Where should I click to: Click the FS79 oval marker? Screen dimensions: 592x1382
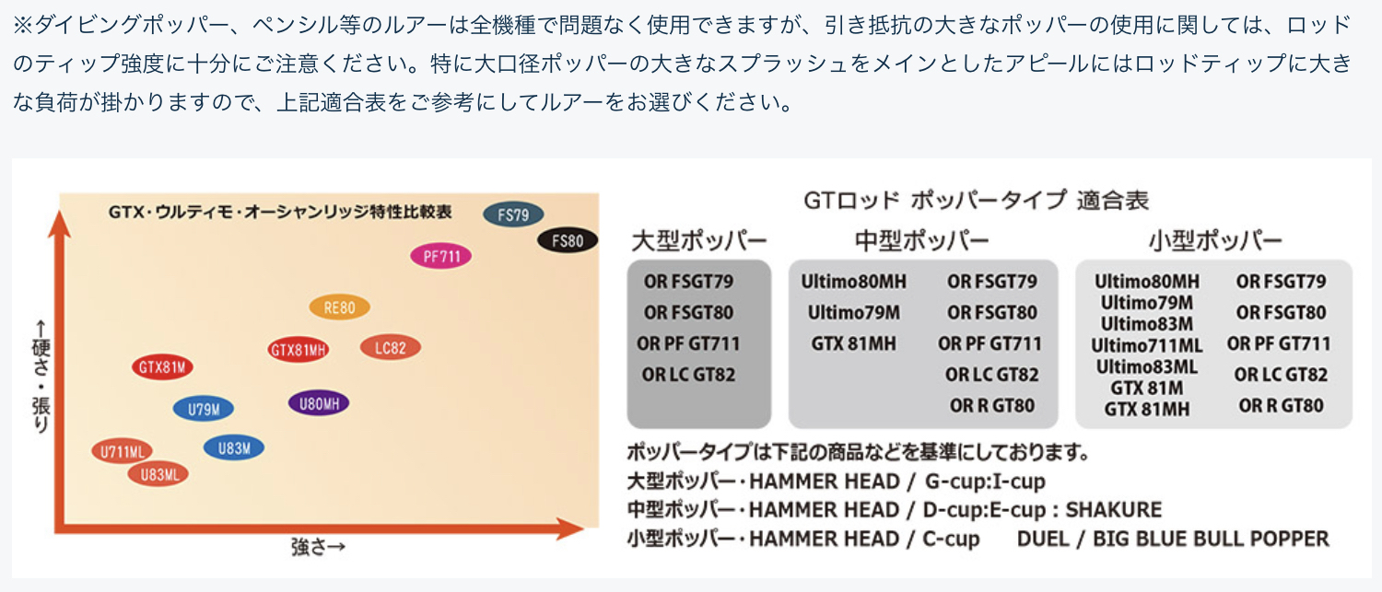[x=513, y=215]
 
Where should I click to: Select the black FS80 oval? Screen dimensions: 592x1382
[x=568, y=241]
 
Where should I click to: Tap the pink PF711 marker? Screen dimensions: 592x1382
[x=441, y=256]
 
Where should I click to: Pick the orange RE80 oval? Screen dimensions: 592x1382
[x=340, y=308]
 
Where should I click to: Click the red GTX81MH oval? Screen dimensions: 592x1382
[x=299, y=350]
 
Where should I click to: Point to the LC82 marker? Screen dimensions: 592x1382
[x=391, y=347]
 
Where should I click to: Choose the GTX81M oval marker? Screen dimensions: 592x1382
[x=163, y=367]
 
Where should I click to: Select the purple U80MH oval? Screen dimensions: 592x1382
[x=319, y=403]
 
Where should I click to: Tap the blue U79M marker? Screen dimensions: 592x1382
[x=203, y=409]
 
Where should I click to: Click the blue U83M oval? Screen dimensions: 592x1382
[x=234, y=448]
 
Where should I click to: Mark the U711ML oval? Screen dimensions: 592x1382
[x=123, y=451]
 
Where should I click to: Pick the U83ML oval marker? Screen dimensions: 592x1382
[x=158, y=474]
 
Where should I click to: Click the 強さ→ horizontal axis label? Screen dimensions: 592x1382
[x=318, y=547]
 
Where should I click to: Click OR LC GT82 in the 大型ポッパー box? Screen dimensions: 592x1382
[x=689, y=375]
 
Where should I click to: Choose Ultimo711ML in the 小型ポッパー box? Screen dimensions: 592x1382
[x=1147, y=345]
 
